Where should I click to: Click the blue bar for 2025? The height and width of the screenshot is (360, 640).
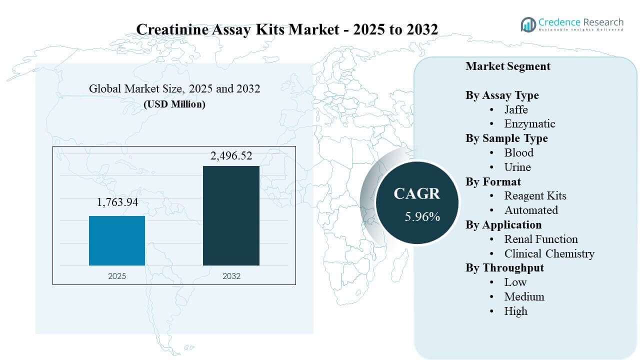[117, 240]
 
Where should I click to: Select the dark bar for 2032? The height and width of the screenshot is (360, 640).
[231, 215]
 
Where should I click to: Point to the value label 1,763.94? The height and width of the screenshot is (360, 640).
[117, 202]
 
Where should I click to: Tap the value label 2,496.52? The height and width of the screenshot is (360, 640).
[231, 156]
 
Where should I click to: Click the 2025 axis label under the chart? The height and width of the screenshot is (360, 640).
[117, 276]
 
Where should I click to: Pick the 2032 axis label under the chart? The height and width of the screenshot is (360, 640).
[231, 276]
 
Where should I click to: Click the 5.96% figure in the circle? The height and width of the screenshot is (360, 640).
[422, 216]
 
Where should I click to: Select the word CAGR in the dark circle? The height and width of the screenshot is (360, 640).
[416, 193]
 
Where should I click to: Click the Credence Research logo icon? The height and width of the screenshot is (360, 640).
[528, 24]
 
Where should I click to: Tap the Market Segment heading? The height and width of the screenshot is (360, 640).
[507, 66]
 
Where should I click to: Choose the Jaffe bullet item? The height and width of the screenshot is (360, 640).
[516, 109]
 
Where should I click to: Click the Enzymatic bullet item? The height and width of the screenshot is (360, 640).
[529, 124]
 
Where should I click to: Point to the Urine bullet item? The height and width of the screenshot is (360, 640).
[517, 167]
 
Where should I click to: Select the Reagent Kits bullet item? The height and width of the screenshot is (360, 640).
[535, 196]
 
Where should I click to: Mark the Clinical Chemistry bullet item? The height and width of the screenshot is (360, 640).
[549, 253]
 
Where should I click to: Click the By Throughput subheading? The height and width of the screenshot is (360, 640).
[504, 267]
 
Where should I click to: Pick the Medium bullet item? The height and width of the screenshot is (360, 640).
[524, 296]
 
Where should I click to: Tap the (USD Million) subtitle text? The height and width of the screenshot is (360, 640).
[174, 104]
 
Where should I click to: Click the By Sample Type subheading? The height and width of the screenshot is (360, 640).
[506, 138]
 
